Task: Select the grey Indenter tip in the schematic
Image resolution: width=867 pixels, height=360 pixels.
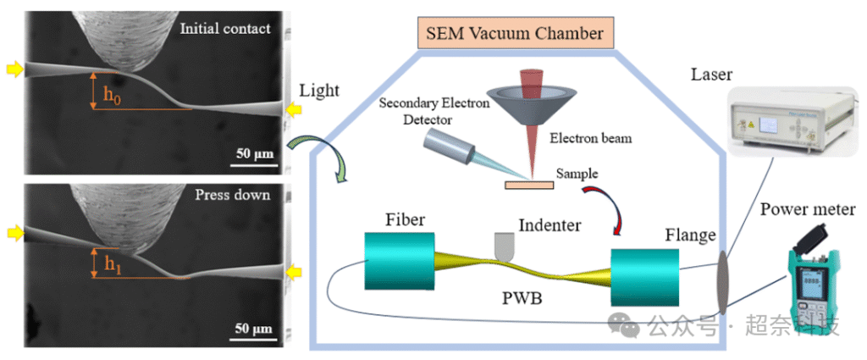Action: coord(505,247)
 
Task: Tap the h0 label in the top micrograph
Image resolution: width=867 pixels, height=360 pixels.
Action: coord(111,94)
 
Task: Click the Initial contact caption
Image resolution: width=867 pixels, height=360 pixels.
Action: coord(225,29)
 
